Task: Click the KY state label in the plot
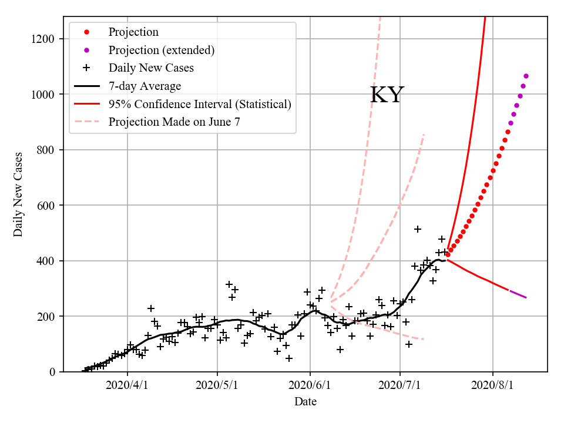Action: click(387, 95)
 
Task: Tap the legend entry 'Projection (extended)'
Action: click(161, 50)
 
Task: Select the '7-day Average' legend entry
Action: click(145, 86)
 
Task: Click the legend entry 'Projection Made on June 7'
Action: click(174, 122)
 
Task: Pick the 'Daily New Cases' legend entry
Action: click(151, 68)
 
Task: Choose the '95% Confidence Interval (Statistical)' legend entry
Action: click(200, 105)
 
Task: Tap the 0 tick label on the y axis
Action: click(53, 372)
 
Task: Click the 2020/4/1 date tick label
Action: click(127, 386)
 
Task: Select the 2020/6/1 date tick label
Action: click(310, 386)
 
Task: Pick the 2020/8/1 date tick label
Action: click(493, 386)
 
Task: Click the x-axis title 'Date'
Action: click(305, 402)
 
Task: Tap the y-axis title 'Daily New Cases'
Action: click(18, 194)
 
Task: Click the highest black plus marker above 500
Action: click(418, 229)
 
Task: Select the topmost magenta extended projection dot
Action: click(526, 76)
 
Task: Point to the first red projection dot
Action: click(448, 254)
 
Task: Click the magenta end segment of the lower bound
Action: click(518, 294)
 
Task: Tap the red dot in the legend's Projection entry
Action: click(86, 32)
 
